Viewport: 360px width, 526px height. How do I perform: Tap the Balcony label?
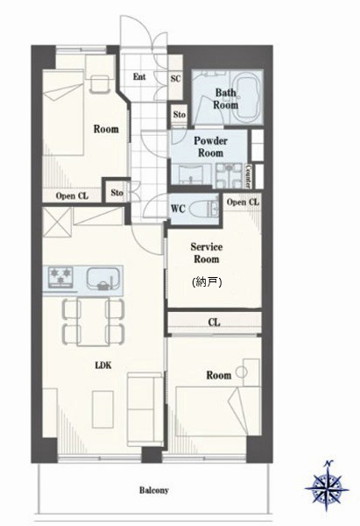pyautogui.click(x=154, y=490)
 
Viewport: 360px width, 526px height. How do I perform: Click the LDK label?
pyautogui.click(x=103, y=366)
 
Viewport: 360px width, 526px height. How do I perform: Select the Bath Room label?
pyautogui.click(x=226, y=98)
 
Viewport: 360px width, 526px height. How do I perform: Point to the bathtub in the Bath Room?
pyautogui.click(x=248, y=97)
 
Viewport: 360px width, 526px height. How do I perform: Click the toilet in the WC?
pyautogui.click(x=202, y=210)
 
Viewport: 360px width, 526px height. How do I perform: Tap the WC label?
pyautogui.click(x=178, y=209)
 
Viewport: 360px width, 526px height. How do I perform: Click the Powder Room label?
pyautogui.click(x=210, y=146)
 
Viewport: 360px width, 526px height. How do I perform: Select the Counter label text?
pyautogui.click(x=249, y=176)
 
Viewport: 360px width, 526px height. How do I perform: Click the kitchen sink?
pyautogui.click(x=103, y=278)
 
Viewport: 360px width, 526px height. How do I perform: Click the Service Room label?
pyautogui.click(x=207, y=253)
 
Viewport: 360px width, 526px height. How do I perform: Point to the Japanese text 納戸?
pyautogui.click(x=207, y=282)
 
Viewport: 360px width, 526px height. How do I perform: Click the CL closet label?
pyautogui.click(x=215, y=323)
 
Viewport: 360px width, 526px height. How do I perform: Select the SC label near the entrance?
pyautogui.click(x=176, y=79)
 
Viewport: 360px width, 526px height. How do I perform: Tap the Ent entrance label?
pyautogui.click(x=139, y=77)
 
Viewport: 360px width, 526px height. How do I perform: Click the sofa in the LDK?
pyautogui.click(x=145, y=409)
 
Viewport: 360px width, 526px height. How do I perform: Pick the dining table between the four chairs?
pyautogui.click(x=93, y=321)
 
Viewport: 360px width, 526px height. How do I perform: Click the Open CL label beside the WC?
pyautogui.click(x=243, y=202)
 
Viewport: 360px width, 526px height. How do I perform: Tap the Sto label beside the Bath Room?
pyautogui.click(x=180, y=114)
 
